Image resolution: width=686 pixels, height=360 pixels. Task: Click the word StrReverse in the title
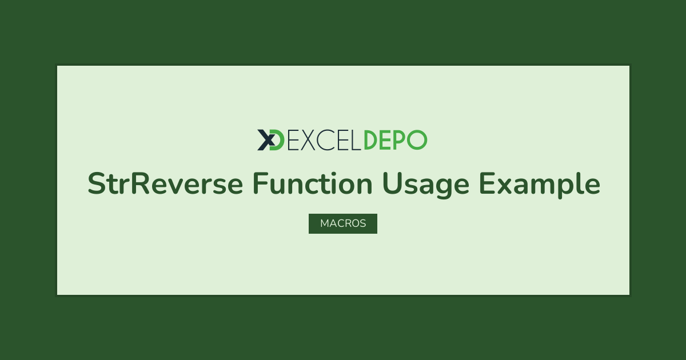[x=165, y=183]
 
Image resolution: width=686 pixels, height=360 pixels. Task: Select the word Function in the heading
[x=313, y=183]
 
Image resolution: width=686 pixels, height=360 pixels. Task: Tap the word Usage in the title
[x=426, y=186]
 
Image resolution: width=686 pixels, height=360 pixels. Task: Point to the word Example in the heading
[x=540, y=186]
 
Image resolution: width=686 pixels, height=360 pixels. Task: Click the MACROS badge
[x=343, y=223]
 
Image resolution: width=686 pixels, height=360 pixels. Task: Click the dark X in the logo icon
[x=265, y=140]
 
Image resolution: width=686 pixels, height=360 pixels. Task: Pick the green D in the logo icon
[x=277, y=140]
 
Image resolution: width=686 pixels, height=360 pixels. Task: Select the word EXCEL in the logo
[x=324, y=140]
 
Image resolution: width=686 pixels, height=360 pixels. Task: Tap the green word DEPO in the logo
[x=396, y=140]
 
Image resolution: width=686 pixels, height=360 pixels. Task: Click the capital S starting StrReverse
[x=96, y=183]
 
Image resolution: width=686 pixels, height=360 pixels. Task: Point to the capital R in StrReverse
[x=140, y=183]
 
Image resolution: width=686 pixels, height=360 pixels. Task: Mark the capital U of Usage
[x=392, y=183]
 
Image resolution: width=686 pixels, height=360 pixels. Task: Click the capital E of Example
[x=487, y=183]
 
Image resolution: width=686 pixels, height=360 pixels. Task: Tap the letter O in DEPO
[x=417, y=140]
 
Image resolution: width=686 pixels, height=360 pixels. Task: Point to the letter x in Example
[x=505, y=186]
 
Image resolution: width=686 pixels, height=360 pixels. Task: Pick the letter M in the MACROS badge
[x=325, y=223]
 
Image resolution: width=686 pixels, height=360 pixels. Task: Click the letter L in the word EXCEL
[x=356, y=140]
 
